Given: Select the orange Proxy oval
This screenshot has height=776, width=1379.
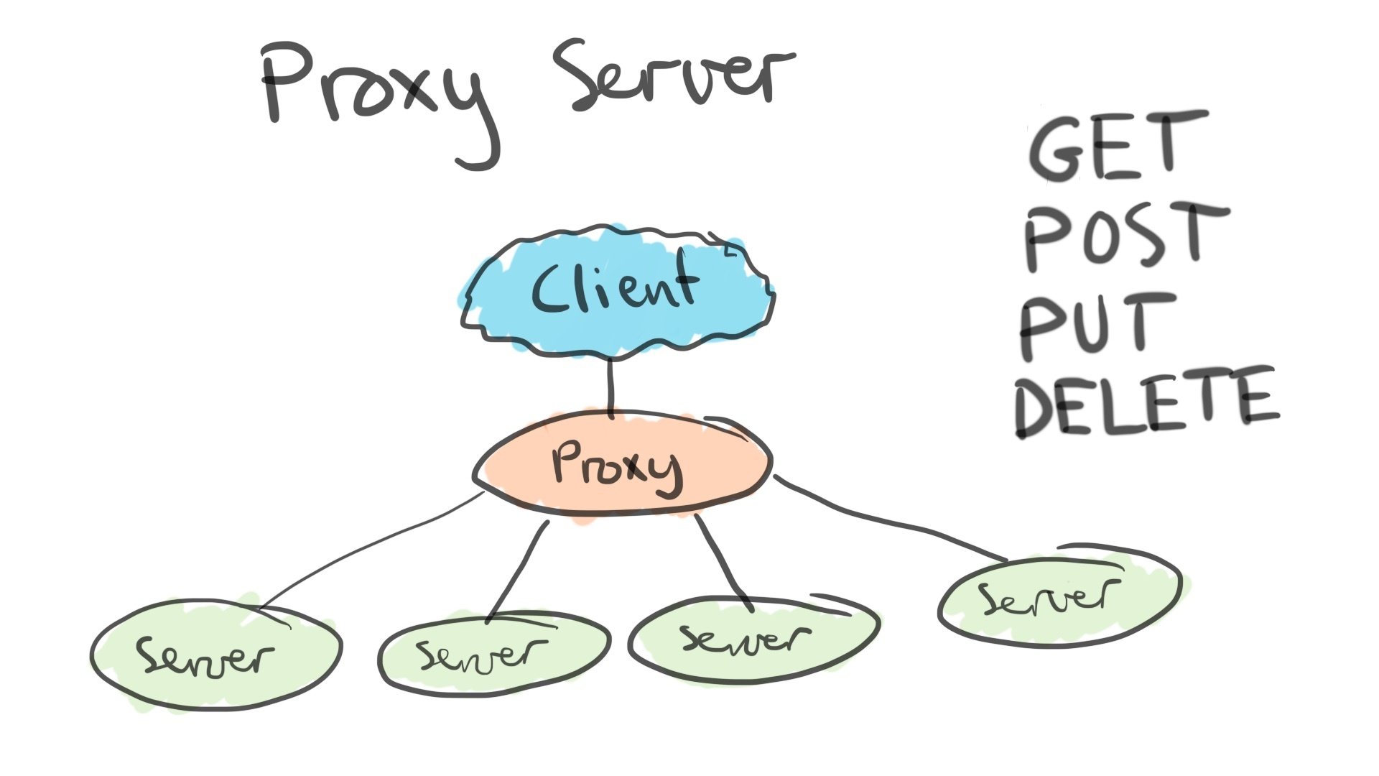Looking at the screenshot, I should (x=621, y=463).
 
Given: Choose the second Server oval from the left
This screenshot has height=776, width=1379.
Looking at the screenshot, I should (x=494, y=652).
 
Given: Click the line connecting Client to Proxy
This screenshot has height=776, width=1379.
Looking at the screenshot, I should (x=611, y=388).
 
